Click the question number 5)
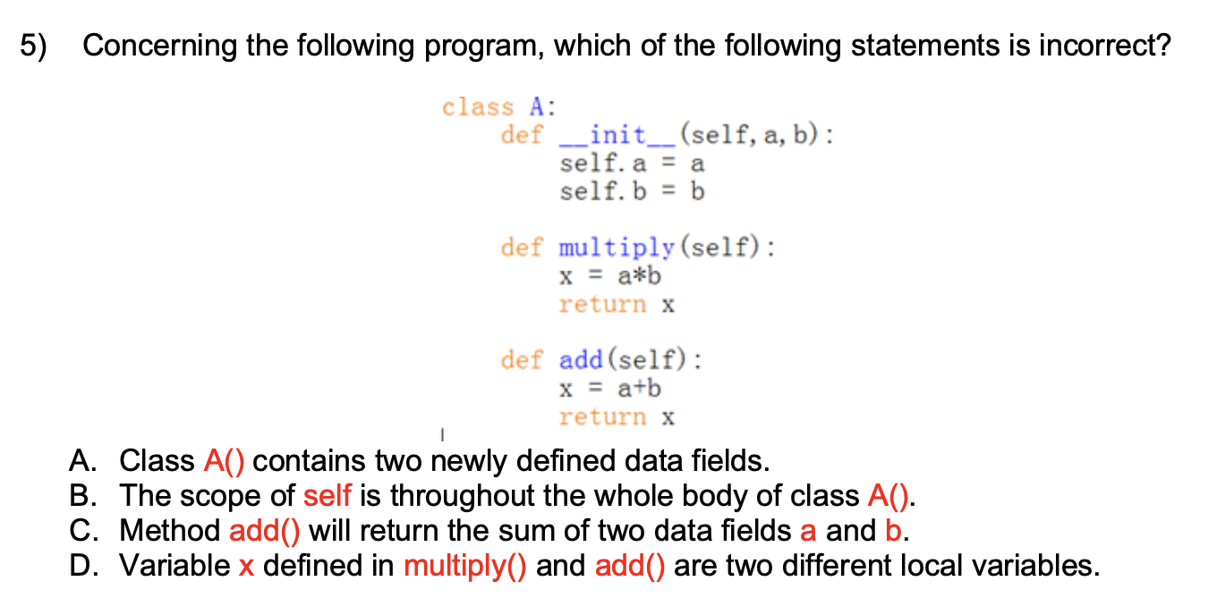click(x=33, y=46)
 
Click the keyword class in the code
click(x=478, y=107)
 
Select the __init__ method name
click(x=617, y=136)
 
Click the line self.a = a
click(x=632, y=165)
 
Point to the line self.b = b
click(x=632, y=192)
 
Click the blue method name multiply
click(x=617, y=247)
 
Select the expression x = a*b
click(x=610, y=276)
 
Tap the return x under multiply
click(x=617, y=304)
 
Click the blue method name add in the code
click(x=581, y=361)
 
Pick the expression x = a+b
click(x=610, y=389)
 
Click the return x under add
click(x=617, y=417)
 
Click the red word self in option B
click(x=328, y=496)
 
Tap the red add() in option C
click(x=265, y=531)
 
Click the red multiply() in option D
click(x=466, y=566)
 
